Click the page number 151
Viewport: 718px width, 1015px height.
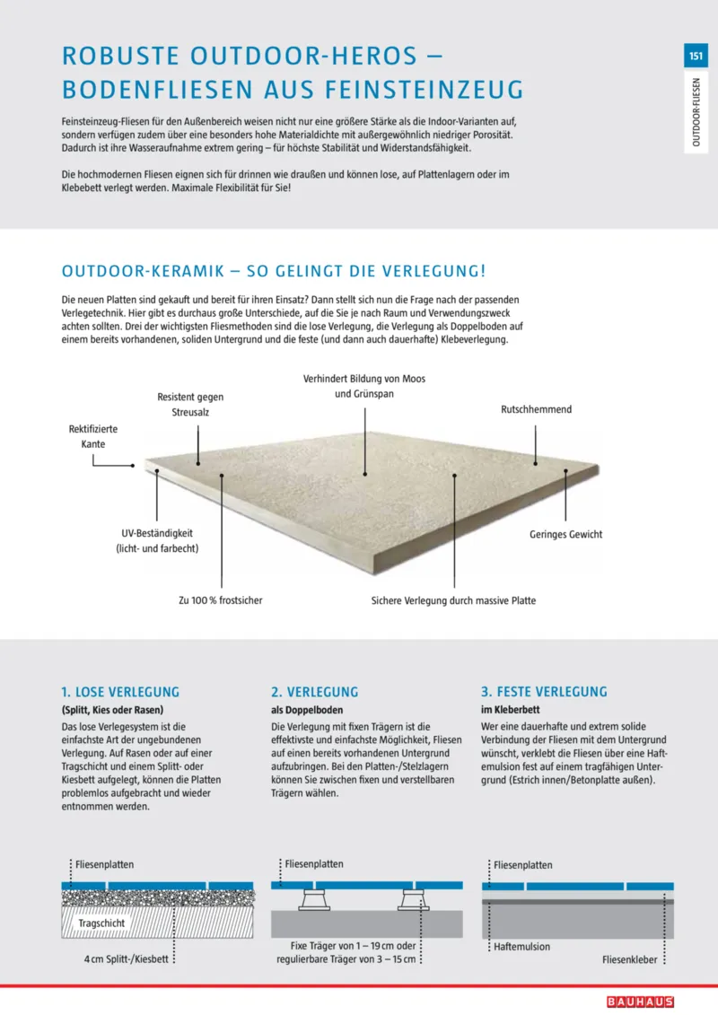click(696, 57)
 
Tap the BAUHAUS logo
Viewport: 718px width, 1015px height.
click(639, 1002)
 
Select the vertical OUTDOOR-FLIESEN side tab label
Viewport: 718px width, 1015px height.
click(696, 113)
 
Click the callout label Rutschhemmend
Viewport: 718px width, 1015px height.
click(536, 409)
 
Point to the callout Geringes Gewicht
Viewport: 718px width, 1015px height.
click(565, 534)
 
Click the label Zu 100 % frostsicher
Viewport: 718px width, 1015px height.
click(221, 600)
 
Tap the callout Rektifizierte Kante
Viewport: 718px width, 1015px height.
click(93, 436)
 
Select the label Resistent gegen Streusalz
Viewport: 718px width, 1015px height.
click(190, 405)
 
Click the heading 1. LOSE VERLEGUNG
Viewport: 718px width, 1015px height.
click(120, 692)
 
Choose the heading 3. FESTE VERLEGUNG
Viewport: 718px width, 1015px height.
click(545, 692)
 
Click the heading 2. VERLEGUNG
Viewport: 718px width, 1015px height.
click(314, 692)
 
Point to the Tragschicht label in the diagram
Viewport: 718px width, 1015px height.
click(101, 923)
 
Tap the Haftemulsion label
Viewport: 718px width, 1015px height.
click(521, 947)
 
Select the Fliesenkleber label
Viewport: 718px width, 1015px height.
click(630, 959)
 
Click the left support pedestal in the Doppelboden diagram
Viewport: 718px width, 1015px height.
click(315, 899)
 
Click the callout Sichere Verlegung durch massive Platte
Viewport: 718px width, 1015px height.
click(453, 600)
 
